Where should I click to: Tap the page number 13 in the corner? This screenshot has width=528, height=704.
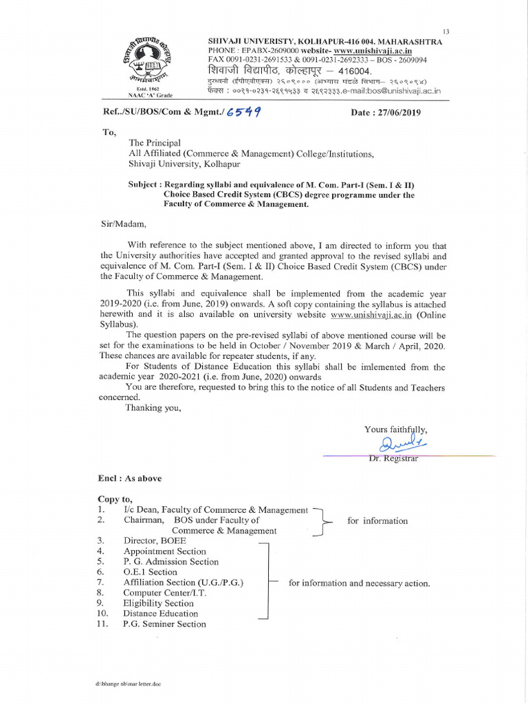[445, 32]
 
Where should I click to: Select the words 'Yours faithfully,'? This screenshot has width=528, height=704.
[395, 430]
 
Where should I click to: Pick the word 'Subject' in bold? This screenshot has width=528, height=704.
[144, 185]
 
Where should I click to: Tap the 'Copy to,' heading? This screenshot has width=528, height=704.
[115, 499]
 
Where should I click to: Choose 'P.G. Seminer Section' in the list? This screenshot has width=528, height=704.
[164, 624]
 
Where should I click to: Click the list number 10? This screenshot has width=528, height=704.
[102, 613]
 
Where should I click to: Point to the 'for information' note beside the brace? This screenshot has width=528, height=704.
[377, 521]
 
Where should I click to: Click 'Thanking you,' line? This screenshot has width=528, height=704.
[153, 408]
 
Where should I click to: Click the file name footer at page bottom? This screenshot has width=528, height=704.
[128, 685]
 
